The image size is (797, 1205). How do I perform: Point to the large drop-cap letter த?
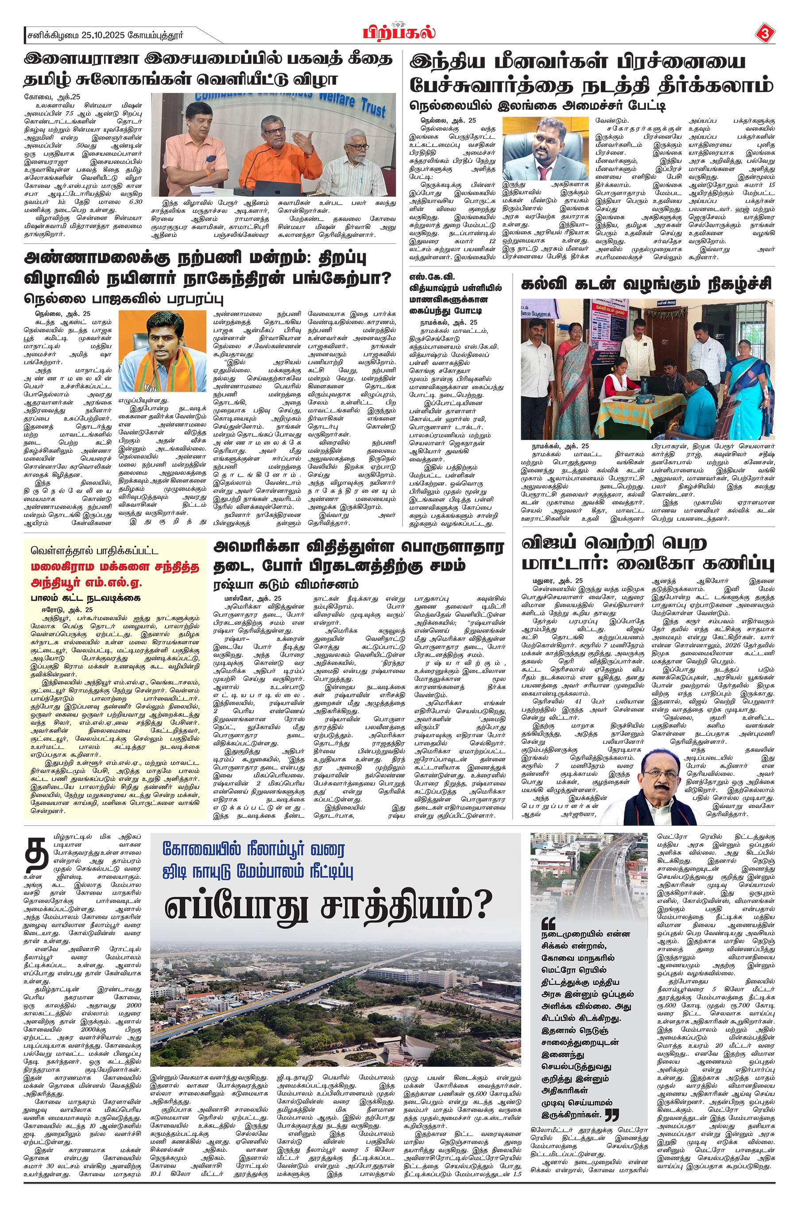click(x=38, y=854)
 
